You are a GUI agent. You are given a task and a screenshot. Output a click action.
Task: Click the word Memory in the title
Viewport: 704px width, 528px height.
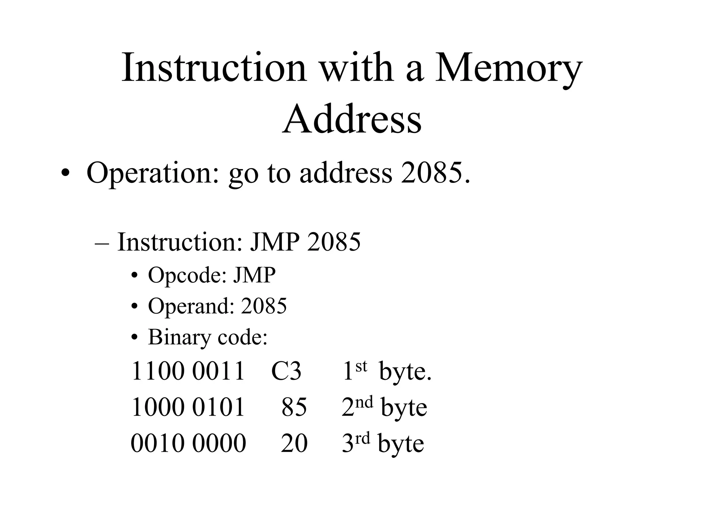click(x=509, y=69)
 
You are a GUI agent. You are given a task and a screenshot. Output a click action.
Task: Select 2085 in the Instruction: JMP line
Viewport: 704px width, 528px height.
click(x=334, y=242)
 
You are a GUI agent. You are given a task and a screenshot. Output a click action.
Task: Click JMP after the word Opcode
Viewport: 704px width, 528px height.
click(x=254, y=275)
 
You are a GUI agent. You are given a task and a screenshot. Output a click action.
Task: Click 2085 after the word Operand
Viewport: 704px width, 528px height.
click(x=264, y=306)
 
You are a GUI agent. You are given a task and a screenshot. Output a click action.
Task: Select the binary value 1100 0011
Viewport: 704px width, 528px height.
click(x=188, y=371)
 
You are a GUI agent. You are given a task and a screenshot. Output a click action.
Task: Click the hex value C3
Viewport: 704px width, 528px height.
click(x=286, y=371)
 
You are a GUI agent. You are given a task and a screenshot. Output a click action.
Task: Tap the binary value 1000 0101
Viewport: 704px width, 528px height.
click(x=188, y=407)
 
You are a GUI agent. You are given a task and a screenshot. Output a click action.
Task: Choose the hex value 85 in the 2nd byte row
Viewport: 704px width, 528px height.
click(x=294, y=407)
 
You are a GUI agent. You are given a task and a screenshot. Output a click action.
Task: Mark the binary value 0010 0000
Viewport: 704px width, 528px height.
click(x=188, y=443)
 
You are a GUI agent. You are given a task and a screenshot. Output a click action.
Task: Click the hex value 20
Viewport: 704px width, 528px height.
click(x=294, y=443)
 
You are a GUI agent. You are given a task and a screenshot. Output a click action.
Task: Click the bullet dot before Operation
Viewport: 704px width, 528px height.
click(x=64, y=174)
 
